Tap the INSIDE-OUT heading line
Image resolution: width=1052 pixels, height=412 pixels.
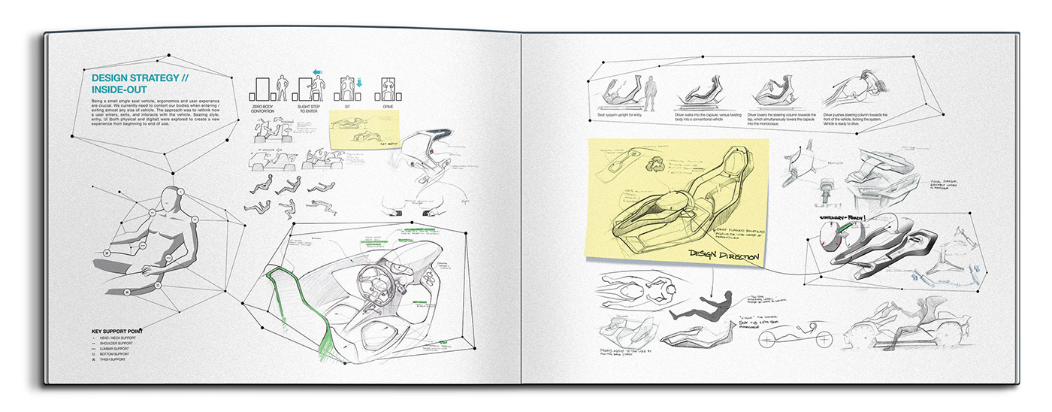(x=121, y=89)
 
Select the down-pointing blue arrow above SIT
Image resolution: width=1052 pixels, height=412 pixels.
(x=358, y=83)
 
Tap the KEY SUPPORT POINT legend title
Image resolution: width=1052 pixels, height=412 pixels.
(x=118, y=331)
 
